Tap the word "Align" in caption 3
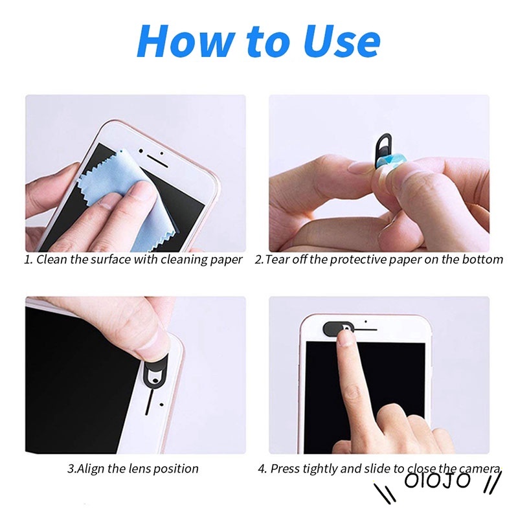tap(93, 468)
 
